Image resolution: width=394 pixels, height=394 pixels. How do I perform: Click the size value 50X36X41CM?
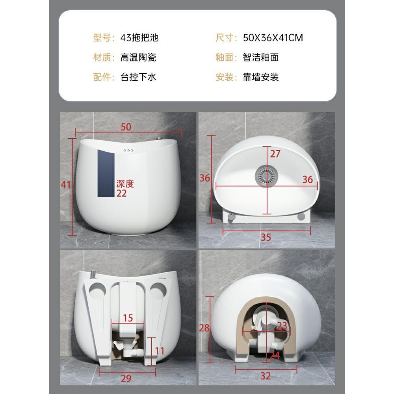click(x=273, y=38)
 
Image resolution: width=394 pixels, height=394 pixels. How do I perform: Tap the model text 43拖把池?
click(x=139, y=38)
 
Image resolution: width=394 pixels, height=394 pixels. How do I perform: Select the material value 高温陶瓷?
click(x=138, y=58)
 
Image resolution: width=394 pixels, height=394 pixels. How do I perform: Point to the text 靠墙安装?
click(x=261, y=77)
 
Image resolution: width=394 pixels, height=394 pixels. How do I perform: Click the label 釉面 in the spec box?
click(x=225, y=58)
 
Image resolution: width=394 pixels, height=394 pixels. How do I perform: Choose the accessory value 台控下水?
click(x=138, y=77)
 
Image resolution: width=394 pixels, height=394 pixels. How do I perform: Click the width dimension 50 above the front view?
click(x=126, y=127)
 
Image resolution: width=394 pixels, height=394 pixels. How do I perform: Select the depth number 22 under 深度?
click(x=121, y=193)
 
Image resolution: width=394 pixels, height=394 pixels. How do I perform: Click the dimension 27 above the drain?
click(x=275, y=154)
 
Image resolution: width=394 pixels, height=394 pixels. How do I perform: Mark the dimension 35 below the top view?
click(x=266, y=237)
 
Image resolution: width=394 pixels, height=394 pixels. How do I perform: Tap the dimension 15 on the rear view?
click(x=128, y=318)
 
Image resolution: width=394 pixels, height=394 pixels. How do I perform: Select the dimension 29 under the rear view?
click(x=126, y=379)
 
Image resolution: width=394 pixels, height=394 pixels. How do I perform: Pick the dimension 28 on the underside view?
click(x=204, y=328)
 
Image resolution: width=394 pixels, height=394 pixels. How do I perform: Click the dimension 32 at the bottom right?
click(x=266, y=376)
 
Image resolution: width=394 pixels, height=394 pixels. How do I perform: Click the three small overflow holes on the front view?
click(x=128, y=151)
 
